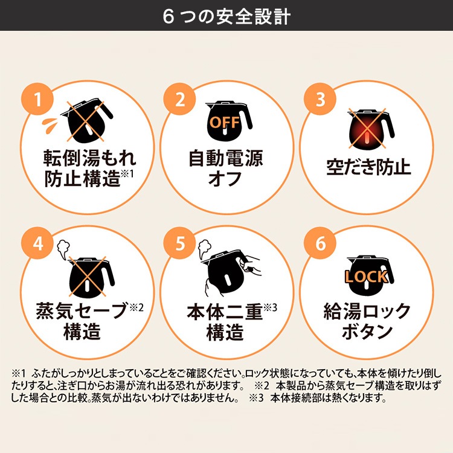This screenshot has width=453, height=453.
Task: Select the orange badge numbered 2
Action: (x=179, y=100)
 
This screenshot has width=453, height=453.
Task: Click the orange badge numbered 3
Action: (x=320, y=100)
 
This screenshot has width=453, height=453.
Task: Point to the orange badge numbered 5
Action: (x=179, y=244)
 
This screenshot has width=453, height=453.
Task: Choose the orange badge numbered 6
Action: (x=320, y=244)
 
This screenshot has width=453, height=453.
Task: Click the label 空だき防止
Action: (x=368, y=167)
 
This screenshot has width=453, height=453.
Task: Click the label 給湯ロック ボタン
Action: (x=368, y=321)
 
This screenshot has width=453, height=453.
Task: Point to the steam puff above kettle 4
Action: (x=62, y=247)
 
